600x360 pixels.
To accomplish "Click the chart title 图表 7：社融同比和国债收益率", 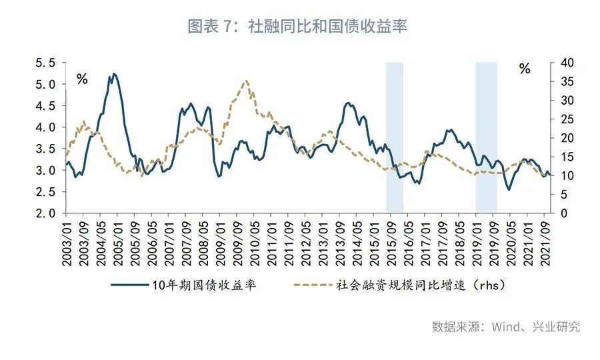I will click(297, 26).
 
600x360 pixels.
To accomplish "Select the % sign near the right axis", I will click(525, 69).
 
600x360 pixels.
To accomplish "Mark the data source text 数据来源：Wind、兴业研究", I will click(506, 327).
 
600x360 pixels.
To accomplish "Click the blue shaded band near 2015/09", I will click(395, 137).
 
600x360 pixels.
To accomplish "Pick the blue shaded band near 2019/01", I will click(486, 137).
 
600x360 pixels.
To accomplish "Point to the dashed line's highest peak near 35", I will click(246, 81).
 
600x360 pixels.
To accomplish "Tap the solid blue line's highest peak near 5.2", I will click(114, 74).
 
